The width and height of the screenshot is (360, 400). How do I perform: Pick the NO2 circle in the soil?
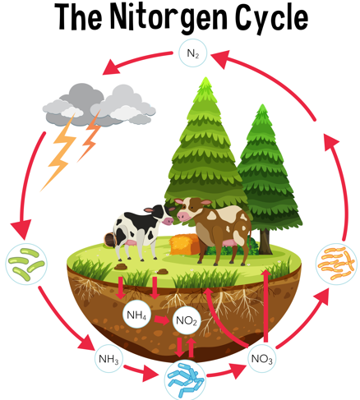[x=185, y=320]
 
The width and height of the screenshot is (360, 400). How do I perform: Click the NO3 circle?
[x=261, y=358]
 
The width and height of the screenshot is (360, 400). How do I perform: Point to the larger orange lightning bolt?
[x=59, y=156]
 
